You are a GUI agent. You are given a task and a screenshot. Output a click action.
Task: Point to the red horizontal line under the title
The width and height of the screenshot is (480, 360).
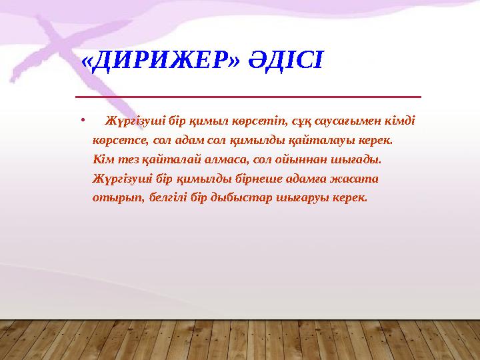coord(248,97)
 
